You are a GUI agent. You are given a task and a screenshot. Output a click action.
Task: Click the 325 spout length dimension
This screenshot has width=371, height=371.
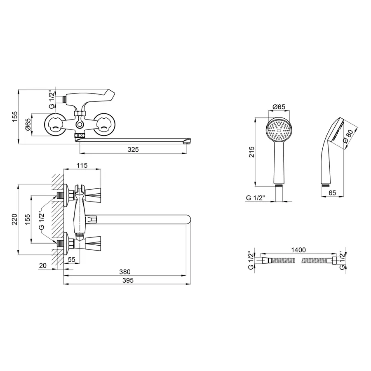tap(133, 150)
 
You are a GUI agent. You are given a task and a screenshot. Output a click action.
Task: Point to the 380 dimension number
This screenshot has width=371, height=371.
tap(124, 272)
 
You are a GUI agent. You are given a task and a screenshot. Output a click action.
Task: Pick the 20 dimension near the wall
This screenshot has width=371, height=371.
tap(42, 266)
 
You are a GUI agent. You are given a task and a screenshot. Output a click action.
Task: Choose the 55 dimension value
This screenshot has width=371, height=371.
tap(71, 259)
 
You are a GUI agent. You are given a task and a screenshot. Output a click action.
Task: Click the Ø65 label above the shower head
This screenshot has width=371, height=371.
tap(279, 107)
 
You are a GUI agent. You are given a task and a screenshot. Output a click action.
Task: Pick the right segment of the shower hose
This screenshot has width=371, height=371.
tap(317, 261)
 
